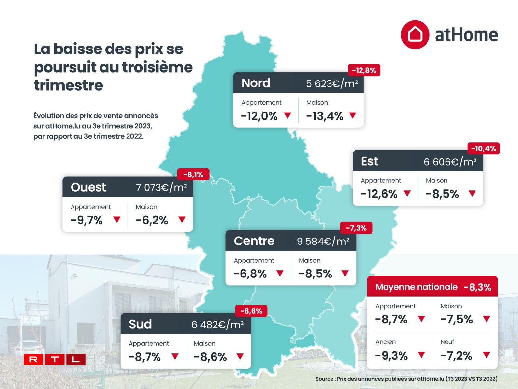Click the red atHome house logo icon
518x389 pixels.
pyautogui.click(x=415, y=35)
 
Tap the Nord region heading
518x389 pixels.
pyautogui.click(x=256, y=83)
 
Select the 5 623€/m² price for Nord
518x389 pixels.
pyautogui.click(x=331, y=83)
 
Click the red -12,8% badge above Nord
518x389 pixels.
pyautogui.click(x=364, y=70)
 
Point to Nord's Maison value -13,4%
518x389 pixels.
pyautogui.click(x=325, y=116)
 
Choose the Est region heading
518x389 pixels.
pyautogui.click(x=369, y=161)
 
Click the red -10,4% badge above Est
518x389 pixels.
pyautogui.click(x=483, y=148)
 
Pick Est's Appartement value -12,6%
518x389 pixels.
pyautogui.click(x=379, y=194)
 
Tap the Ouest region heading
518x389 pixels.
pyautogui.click(x=88, y=187)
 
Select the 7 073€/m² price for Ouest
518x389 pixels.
pyautogui.click(x=161, y=187)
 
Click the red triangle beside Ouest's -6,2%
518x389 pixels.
pyautogui.click(x=182, y=219)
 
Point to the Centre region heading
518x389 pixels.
pyautogui.click(x=254, y=241)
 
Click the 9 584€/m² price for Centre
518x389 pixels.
pyautogui.click(x=323, y=241)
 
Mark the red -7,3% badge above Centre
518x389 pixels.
pyautogui.click(x=356, y=228)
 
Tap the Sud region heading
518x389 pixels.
pyautogui.click(x=140, y=324)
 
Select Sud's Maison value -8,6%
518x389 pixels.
pyautogui.click(x=210, y=357)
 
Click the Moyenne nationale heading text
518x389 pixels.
pyautogui.click(x=416, y=287)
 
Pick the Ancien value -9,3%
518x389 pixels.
pyautogui.click(x=391, y=356)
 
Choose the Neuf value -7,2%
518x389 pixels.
pyautogui.click(x=456, y=356)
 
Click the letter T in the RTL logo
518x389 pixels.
pyautogui.click(x=55, y=359)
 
